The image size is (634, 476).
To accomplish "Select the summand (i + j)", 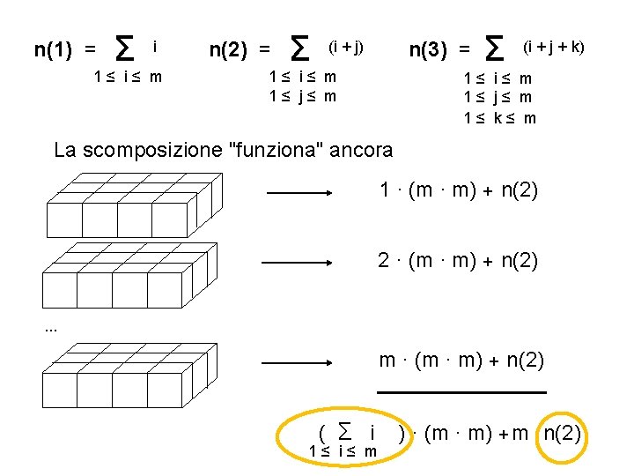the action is pyautogui.click(x=345, y=45).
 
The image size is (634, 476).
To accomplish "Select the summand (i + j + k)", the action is pyautogui.click(x=554, y=45).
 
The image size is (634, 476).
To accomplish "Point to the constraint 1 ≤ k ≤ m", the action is pyautogui.click(x=499, y=118).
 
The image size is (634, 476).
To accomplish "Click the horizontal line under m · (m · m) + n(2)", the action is pyautogui.click(x=461, y=391).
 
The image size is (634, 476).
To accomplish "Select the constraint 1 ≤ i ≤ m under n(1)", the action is pyautogui.click(x=128, y=77).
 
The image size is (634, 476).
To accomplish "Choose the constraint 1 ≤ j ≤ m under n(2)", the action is pyautogui.click(x=302, y=96).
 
